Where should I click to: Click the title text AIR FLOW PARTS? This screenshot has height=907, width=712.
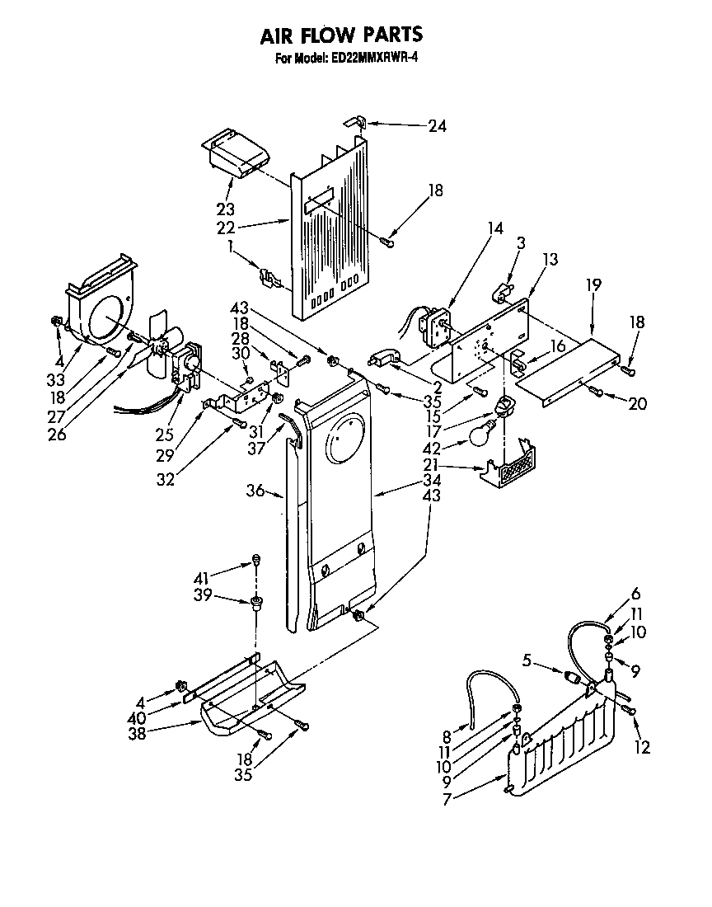pos(341,35)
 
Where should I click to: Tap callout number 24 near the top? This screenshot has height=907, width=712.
pos(437,126)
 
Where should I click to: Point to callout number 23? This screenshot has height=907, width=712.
pos(225,209)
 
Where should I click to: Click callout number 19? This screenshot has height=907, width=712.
pos(593,284)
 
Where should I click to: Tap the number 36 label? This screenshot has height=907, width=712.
pos(255,491)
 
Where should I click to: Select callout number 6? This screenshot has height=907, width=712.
pos(635,594)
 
